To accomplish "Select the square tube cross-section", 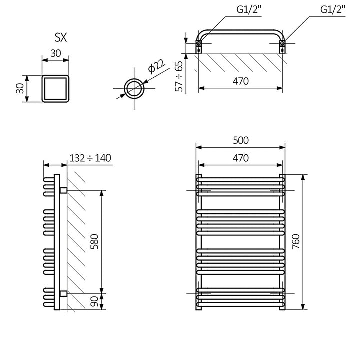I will point(55,88).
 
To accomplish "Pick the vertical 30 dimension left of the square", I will point(20,88).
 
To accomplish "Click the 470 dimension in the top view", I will point(240,81).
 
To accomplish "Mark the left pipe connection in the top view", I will point(199,46).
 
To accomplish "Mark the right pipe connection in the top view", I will point(282,46).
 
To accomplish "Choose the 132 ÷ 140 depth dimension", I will point(90,158).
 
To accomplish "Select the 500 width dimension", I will point(240,141).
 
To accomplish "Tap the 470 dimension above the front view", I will point(240,158).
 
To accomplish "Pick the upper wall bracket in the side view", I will point(63,190).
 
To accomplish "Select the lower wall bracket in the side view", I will point(63,293).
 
